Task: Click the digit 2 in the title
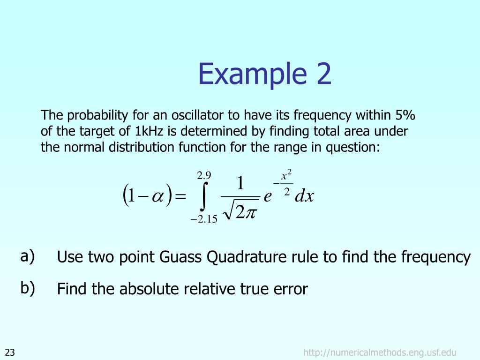pos(322,75)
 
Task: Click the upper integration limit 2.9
pos(204,176)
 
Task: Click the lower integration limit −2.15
pos(204,219)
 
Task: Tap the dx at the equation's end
pos(304,196)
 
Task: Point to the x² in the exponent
pos(286,177)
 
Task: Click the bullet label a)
pos(27,256)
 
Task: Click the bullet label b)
pos(27,288)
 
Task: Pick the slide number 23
pos(10,352)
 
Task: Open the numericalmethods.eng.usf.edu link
pos(380,352)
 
